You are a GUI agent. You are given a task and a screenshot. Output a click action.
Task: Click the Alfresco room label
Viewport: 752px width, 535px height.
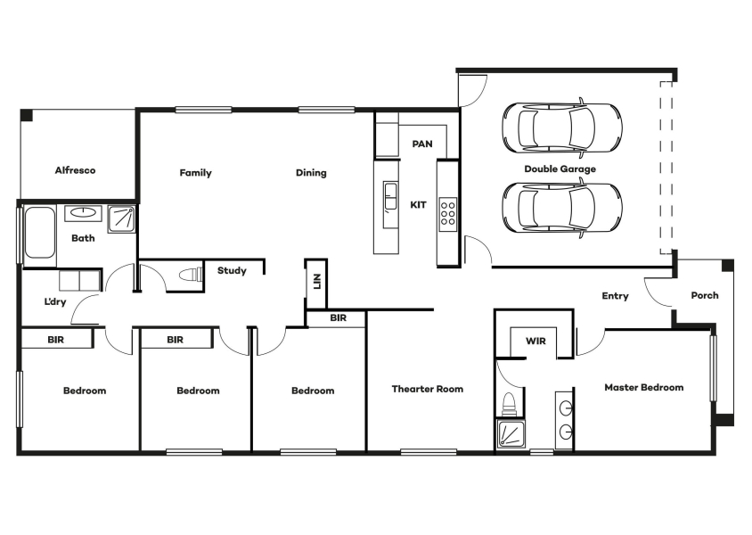75,170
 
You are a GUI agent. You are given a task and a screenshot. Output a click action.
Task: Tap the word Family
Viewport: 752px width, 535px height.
196,173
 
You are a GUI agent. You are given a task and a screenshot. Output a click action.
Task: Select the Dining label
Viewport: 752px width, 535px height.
311,173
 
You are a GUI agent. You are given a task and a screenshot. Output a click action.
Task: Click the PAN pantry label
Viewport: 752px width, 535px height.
422,144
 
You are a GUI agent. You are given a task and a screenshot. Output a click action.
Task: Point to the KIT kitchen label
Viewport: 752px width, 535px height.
418,205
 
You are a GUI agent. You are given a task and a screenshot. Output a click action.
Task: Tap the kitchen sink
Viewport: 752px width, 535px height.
390,196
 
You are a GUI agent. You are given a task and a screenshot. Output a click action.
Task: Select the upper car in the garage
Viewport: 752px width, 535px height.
562,128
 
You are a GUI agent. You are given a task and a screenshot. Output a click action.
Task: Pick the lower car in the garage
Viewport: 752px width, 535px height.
562,208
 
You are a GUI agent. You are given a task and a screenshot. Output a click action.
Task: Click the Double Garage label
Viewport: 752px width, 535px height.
560,169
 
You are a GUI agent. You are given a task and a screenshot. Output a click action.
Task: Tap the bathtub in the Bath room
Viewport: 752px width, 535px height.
39,233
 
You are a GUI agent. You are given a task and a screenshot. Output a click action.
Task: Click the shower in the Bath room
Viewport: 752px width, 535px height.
121,219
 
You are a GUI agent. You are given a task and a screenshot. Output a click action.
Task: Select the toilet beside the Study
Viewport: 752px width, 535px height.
191,276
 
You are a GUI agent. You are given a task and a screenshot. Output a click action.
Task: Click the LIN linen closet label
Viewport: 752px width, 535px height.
316,282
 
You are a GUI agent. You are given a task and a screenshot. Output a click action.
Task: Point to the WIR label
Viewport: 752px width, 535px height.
535,342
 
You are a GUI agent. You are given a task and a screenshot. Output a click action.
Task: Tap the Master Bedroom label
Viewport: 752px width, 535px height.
643,387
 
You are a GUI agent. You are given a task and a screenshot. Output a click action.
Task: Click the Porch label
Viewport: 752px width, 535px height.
705,295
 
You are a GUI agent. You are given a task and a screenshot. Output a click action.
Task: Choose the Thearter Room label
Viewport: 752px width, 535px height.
428,389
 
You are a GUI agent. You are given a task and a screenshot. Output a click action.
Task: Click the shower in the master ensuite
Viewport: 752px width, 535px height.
511,434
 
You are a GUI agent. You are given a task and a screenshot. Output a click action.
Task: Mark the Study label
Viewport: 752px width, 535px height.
232,270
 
